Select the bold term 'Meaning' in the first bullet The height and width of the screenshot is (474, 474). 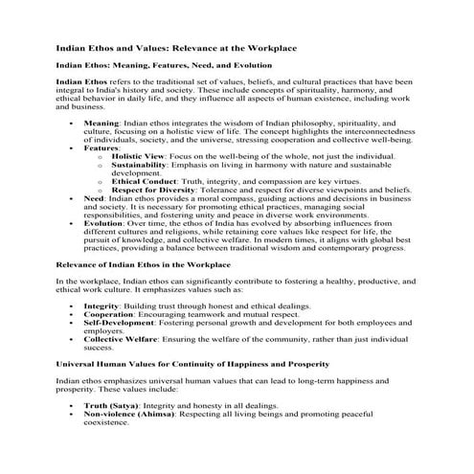point(102,124)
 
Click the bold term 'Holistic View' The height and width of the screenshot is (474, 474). point(140,155)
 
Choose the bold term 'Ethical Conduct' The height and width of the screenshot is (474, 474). point(145,180)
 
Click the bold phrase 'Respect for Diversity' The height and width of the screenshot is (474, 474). point(157,189)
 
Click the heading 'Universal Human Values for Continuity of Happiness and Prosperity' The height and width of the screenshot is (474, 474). point(193,364)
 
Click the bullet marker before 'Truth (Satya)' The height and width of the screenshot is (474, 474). point(73,406)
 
